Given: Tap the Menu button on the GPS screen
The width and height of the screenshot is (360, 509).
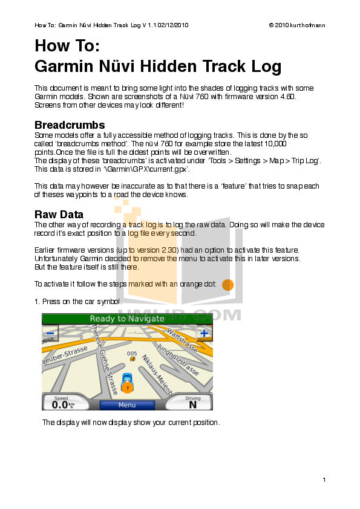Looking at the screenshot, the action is pos(127,405).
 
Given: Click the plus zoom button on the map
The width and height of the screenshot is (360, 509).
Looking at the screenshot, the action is pos(205,332).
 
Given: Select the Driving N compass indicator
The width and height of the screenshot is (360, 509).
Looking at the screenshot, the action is pos(192,403).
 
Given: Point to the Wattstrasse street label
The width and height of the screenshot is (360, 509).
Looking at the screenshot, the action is pos(182,340).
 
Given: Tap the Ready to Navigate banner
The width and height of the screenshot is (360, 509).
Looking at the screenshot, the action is pos(127,319).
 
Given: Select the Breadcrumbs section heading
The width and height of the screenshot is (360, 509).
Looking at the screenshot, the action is pos(70,125).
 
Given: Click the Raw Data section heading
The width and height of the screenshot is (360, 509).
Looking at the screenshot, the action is pos(59,215).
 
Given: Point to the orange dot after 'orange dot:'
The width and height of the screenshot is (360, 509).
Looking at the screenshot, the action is pos(227,285).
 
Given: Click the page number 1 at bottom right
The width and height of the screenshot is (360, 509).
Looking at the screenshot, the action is pos(324,479).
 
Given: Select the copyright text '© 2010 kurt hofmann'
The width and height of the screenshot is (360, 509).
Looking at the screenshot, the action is pos(296,25).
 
